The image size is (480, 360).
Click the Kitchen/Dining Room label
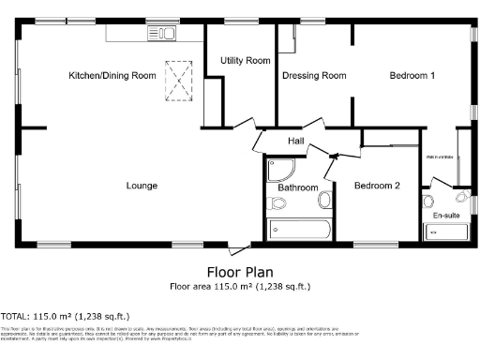[x=112, y=74]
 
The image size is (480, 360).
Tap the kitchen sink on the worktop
[x=161, y=34]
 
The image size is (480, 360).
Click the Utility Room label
[x=245, y=60]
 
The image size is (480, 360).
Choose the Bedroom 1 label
[x=412, y=74]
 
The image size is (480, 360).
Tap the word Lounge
[x=142, y=185]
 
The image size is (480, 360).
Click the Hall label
[x=295, y=141]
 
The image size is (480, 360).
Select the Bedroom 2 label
[x=377, y=186]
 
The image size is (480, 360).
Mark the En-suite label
[x=444, y=216]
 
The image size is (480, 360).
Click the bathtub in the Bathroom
[x=297, y=229]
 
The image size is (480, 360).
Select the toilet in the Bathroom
[x=277, y=202]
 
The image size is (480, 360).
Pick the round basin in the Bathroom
[x=325, y=199]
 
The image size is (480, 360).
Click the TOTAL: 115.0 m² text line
[x=65, y=316]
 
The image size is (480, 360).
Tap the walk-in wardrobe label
[x=441, y=157]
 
